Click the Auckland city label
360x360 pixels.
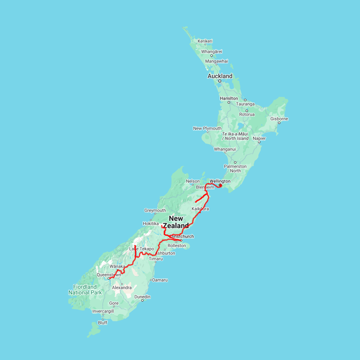coord(220,76)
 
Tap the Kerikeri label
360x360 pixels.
coord(205,41)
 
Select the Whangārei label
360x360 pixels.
coord(212,52)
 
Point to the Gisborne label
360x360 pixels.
coord(279,119)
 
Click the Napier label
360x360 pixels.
coord(259,138)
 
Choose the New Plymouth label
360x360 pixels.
coord(207,128)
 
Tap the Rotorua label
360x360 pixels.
coord(247,114)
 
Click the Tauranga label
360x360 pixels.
coord(245,104)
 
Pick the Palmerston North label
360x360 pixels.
coord(235,168)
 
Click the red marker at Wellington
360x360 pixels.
coord(220,185)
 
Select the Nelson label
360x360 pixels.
coord(193,181)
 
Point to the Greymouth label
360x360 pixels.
coord(155,210)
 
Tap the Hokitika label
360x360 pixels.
coord(151,224)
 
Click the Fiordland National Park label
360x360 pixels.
coord(85,290)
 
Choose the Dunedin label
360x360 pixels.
coord(142,297)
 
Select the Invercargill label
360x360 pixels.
coord(103,311)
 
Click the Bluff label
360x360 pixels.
coord(103,323)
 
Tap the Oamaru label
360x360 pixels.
coord(160,280)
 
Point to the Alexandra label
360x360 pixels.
coord(122,288)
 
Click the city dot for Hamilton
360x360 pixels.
coord(229,102)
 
